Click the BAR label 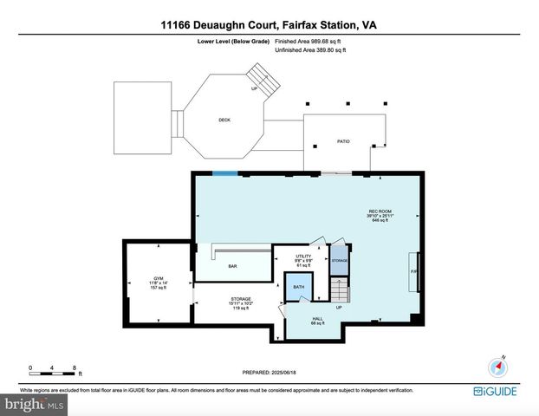(x=232, y=266)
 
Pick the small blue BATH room (x=298, y=286)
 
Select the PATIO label (x=343, y=140)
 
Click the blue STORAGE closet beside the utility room (x=339, y=260)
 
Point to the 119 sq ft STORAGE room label (x=240, y=303)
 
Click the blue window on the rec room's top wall (x=225, y=173)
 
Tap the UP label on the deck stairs (x=254, y=88)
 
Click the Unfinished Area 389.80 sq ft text (x=310, y=51)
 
